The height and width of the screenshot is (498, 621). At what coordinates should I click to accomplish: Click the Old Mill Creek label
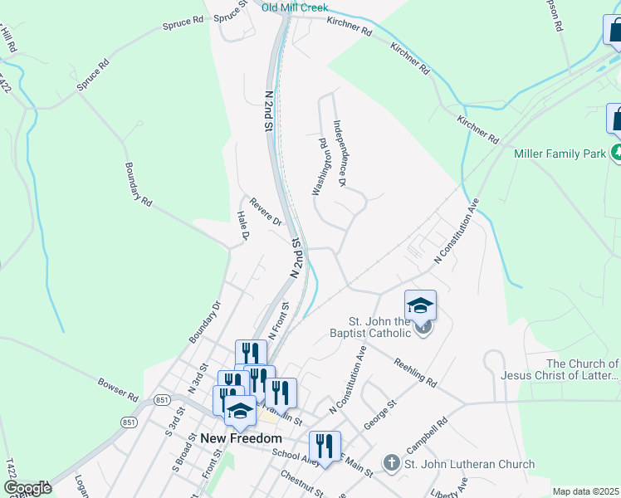pyautogui.click(x=295, y=7)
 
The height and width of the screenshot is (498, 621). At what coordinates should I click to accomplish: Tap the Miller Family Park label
pyautogui.click(x=560, y=154)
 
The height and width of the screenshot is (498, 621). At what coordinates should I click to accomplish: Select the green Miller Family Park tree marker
pyautogui.click(x=617, y=153)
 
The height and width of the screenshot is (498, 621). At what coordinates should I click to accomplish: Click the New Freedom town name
pyautogui.click(x=241, y=438)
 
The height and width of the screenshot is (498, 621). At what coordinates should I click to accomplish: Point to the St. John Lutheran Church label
pyautogui.click(x=470, y=464)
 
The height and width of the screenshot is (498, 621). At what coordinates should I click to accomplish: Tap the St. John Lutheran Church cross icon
pyautogui.click(x=391, y=462)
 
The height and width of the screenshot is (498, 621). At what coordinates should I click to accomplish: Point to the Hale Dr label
pyautogui.click(x=243, y=225)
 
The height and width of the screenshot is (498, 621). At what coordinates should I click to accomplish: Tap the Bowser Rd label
pyautogui.click(x=117, y=390)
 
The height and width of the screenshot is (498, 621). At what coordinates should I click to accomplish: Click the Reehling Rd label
pyautogui.click(x=415, y=370)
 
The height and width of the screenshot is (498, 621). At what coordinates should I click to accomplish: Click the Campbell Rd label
pyautogui.click(x=427, y=434)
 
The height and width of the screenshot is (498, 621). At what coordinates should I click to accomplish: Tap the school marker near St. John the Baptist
pyautogui.click(x=420, y=306)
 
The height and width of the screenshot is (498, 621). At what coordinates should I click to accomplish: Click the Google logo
pyautogui.click(x=27, y=488)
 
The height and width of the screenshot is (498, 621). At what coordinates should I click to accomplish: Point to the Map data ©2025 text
pyautogui.click(x=585, y=491)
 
